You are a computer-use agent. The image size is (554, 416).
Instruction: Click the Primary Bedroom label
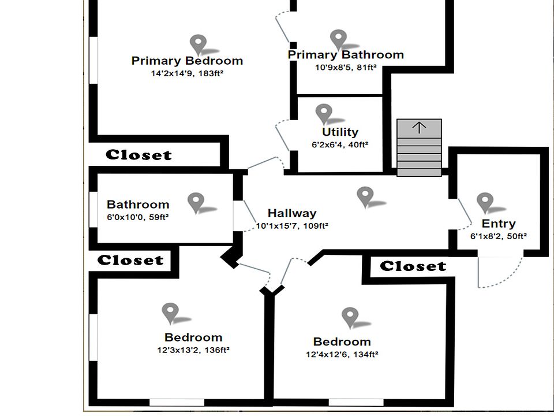click(x=187, y=61)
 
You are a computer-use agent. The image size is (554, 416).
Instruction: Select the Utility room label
click(x=340, y=132)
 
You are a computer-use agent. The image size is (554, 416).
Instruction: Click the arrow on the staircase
click(x=419, y=128)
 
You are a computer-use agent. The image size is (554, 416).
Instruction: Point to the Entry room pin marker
click(x=485, y=202)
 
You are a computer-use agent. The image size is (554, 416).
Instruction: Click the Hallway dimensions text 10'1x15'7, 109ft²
click(x=292, y=226)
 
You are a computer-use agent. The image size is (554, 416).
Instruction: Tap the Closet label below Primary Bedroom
click(x=138, y=155)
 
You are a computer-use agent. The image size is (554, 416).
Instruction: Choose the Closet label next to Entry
click(x=413, y=266)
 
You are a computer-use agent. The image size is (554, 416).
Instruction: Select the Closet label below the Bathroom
click(x=130, y=261)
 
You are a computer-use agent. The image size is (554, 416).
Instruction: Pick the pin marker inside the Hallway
click(x=365, y=195)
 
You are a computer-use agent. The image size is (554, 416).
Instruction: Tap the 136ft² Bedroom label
click(x=193, y=337)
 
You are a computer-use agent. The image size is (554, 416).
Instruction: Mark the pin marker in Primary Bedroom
click(x=199, y=43)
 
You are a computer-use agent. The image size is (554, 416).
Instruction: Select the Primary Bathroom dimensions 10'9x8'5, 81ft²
click(x=346, y=68)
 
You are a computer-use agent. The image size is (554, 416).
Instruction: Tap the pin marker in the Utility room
click(x=324, y=113)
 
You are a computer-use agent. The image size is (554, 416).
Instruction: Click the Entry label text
click(x=499, y=224)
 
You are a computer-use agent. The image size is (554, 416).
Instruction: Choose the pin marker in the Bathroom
click(x=196, y=202)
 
